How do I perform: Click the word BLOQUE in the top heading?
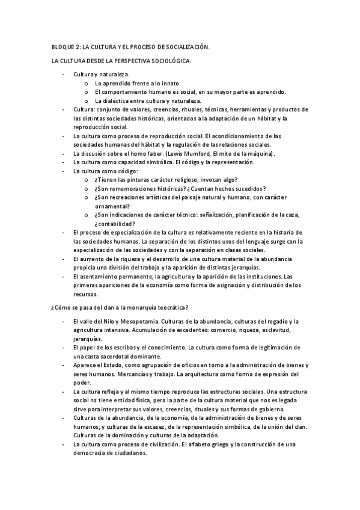(x=61, y=46)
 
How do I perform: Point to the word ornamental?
(x=112, y=206)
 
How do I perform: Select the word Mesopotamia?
(x=138, y=322)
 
